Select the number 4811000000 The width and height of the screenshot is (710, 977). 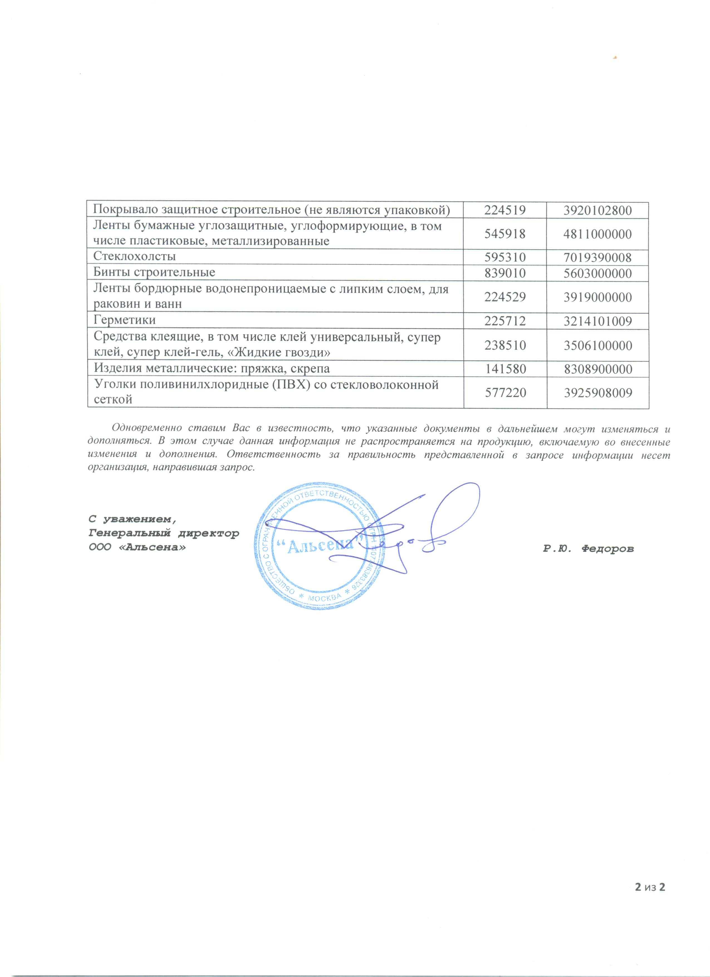pyautogui.click(x=598, y=234)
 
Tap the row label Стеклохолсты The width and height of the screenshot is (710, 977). pyautogui.click(x=134, y=257)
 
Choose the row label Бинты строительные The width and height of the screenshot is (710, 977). pyautogui.click(x=154, y=273)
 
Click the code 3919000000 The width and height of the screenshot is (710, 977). pyautogui.click(x=598, y=298)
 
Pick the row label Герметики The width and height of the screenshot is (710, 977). pyautogui.click(x=124, y=320)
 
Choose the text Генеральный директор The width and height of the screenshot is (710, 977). pyautogui.click(x=164, y=533)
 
